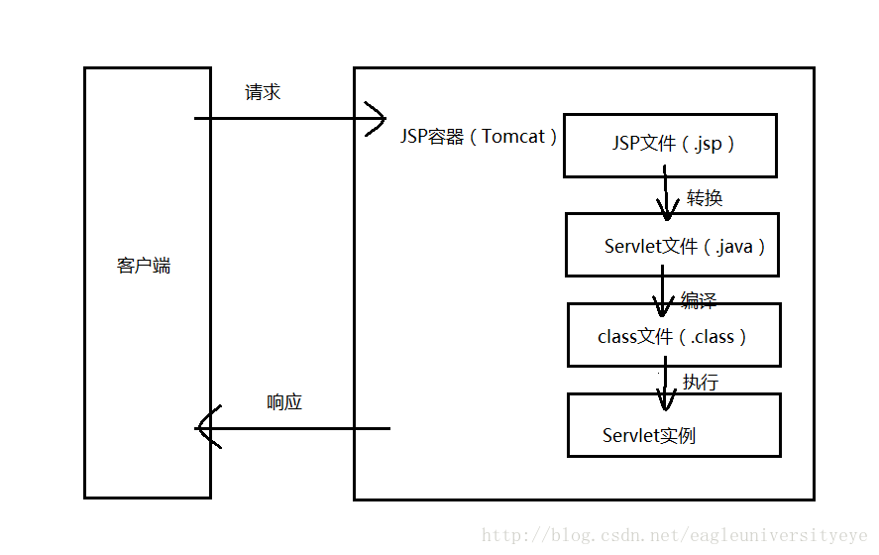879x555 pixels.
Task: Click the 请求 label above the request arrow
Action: [x=263, y=92]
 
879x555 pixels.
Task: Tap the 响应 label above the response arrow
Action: [x=284, y=402]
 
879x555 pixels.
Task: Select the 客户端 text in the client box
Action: [x=144, y=266]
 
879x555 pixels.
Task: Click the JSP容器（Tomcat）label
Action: [x=480, y=137]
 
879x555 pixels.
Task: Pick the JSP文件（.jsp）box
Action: [x=670, y=146]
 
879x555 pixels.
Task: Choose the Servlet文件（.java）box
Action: [x=671, y=245]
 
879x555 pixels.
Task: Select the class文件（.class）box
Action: [x=673, y=336]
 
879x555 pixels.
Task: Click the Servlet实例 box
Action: [x=673, y=425]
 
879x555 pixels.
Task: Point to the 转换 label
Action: [x=705, y=198]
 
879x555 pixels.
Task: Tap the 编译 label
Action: [x=698, y=300]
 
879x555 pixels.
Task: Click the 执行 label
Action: [x=700, y=383]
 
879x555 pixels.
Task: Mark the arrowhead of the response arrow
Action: [x=205, y=428]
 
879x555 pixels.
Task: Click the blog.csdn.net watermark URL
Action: [x=675, y=536]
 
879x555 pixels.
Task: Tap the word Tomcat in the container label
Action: [x=513, y=137]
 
